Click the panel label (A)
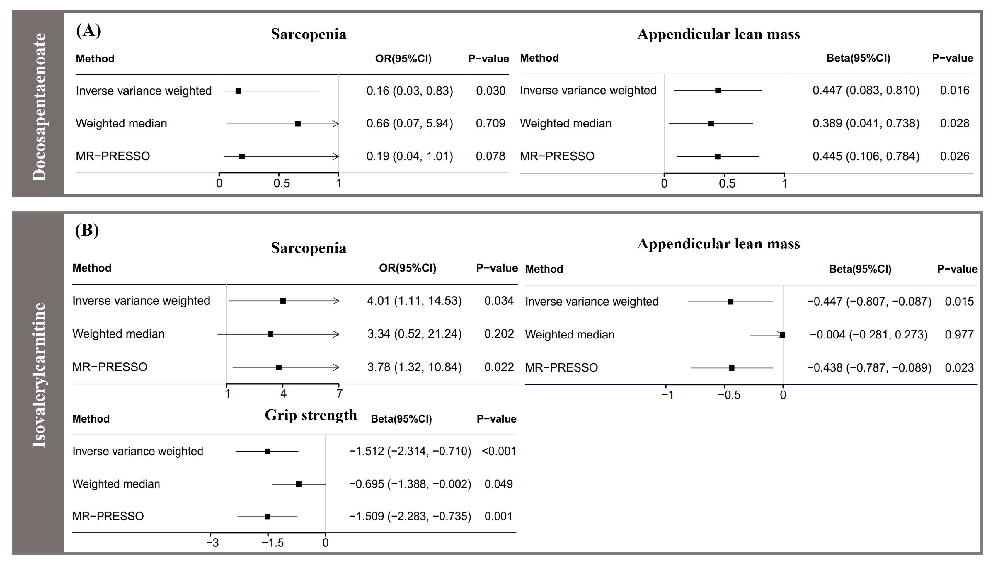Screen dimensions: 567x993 pos(88,30)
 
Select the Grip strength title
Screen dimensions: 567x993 pos(311,415)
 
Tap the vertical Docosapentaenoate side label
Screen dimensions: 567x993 pos(39,107)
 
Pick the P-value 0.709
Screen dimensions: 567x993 pos(490,123)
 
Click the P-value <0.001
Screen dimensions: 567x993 pos(499,451)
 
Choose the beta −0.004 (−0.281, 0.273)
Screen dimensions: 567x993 pos(868,335)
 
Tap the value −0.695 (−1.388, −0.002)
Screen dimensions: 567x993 pos(410,484)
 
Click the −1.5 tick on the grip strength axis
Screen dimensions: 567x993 pos(272,542)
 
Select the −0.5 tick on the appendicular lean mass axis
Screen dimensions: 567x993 pos(729,395)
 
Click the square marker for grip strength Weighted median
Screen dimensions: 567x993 pos(299,484)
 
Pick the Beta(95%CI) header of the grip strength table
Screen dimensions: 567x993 pos(401,419)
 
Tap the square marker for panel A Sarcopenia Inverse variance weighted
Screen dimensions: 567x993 pos(238,91)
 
